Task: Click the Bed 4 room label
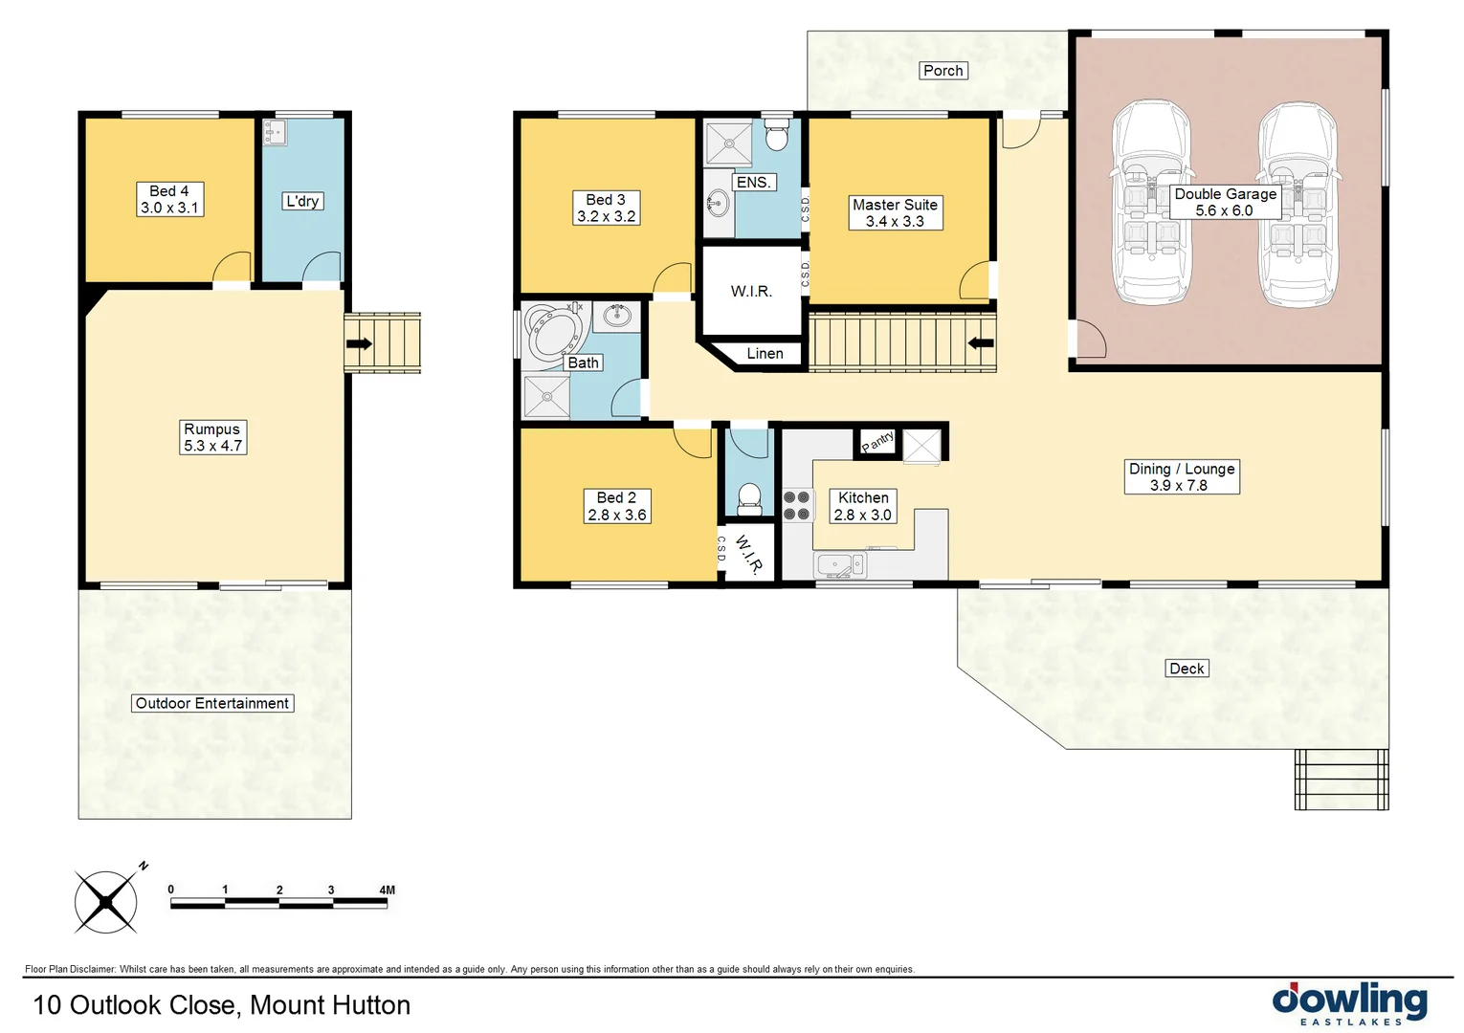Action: point(169,199)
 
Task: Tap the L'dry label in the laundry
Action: point(302,201)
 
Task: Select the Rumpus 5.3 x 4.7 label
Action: point(212,437)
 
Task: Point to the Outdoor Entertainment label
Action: point(211,703)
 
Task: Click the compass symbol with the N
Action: point(106,901)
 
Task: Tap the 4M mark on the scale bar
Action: point(387,890)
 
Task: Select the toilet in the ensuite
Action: point(776,136)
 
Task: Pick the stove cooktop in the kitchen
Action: point(796,506)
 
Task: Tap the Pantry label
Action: point(877,441)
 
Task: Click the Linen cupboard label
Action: point(765,354)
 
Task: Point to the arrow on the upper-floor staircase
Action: point(981,343)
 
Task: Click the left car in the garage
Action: point(1151,203)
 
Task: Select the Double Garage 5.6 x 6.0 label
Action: point(1226,202)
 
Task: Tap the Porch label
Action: point(943,71)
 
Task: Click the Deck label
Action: point(1187,669)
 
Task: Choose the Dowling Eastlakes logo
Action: point(1349,1003)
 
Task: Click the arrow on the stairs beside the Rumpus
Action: point(359,343)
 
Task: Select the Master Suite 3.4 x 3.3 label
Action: point(895,212)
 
